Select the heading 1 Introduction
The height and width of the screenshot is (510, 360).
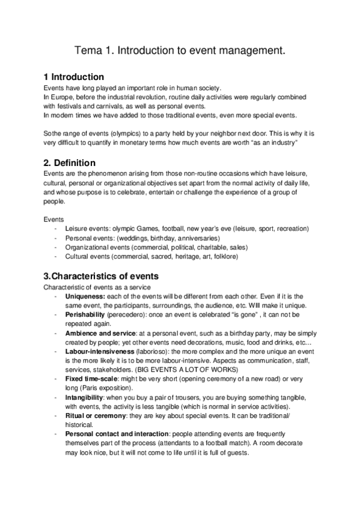click(74, 77)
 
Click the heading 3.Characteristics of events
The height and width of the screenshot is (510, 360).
click(101, 277)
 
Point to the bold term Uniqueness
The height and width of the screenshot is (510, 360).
click(85, 296)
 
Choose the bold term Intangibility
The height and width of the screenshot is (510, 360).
click(85, 399)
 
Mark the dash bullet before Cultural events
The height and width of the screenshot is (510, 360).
click(56, 256)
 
